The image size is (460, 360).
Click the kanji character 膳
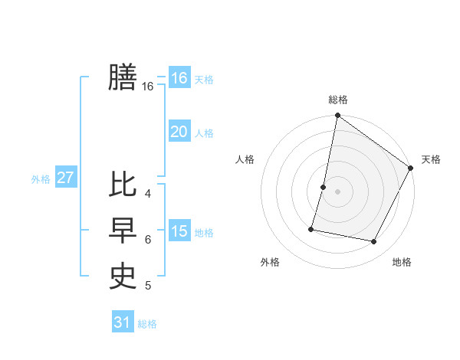click(123, 77)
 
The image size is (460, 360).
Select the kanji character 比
click(123, 185)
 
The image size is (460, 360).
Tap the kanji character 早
click(123, 231)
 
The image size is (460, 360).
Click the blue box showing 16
click(179, 78)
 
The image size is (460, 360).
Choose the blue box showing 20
click(179, 132)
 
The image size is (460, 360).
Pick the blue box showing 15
click(179, 231)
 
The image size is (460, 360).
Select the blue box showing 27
click(65, 178)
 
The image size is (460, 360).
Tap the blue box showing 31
click(122, 322)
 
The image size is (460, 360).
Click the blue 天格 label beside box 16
click(204, 80)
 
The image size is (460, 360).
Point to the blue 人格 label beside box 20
click(204, 133)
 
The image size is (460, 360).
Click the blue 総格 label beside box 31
click(147, 324)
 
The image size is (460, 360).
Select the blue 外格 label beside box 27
click(41, 179)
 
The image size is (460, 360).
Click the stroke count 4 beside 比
click(148, 193)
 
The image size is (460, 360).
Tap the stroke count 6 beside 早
click(148, 239)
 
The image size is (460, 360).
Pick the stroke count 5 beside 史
click(148, 286)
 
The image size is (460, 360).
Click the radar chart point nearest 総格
click(337, 116)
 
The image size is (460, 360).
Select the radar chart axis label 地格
click(402, 263)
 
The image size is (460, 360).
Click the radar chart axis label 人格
click(245, 159)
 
